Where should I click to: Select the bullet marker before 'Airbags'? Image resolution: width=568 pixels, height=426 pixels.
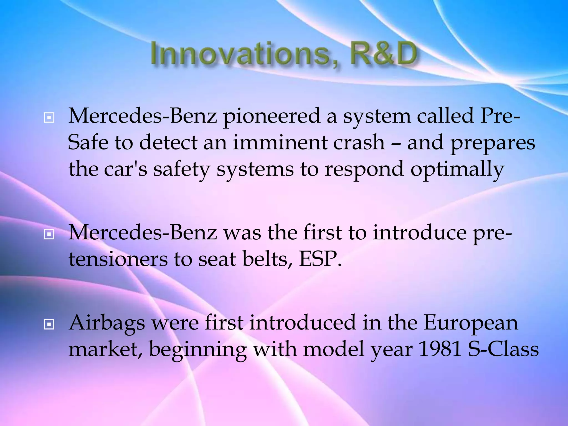(x=49, y=324)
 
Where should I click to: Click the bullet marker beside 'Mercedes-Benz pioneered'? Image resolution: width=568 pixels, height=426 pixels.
(x=49, y=118)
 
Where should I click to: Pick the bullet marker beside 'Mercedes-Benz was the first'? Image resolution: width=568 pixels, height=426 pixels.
(x=49, y=235)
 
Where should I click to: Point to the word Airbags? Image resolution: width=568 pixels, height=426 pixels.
(x=107, y=323)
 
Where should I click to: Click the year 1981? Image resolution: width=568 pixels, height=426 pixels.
(x=439, y=349)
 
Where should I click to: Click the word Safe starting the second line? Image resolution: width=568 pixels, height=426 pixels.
(x=88, y=143)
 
